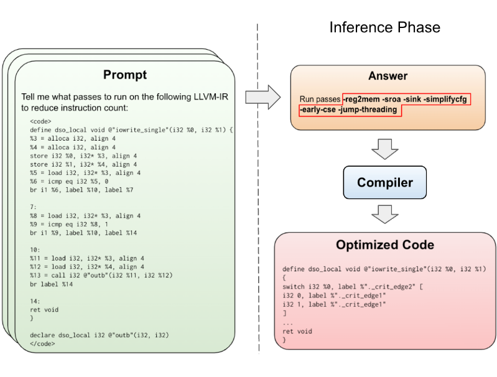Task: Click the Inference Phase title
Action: (385, 27)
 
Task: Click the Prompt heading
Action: (125, 75)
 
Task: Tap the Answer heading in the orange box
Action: (388, 76)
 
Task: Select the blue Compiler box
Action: (385, 182)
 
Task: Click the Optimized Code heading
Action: (385, 244)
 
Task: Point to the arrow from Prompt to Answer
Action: (263, 97)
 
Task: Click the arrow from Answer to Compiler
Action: (385, 149)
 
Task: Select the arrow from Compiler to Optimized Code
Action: (385, 215)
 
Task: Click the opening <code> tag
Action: (40, 121)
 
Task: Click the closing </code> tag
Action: (42, 343)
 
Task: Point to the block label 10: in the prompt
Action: (35, 250)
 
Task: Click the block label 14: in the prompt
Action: (35, 301)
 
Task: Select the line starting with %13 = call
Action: (101, 275)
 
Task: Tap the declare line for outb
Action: (100, 335)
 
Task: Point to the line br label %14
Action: (52, 284)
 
